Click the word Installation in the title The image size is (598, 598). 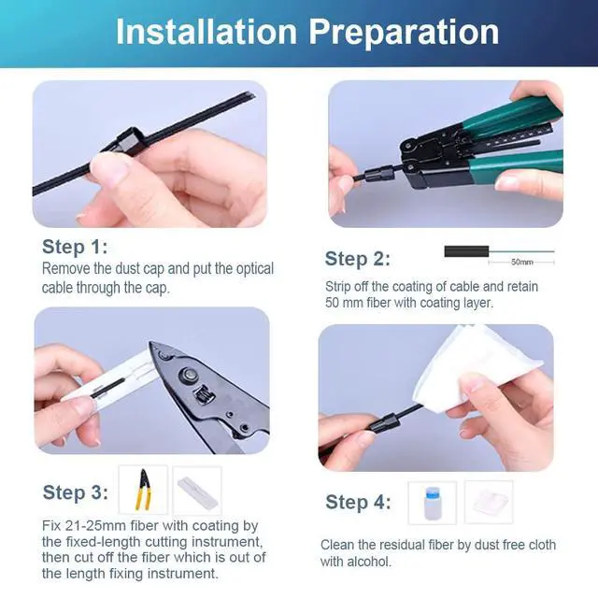[x=206, y=32]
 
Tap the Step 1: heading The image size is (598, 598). [x=75, y=247]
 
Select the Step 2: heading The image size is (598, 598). [x=357, y=259]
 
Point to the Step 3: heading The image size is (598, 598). [x=75, y=492]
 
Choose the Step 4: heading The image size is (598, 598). [x=358, y=502]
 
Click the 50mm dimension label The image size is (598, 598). [x=521, y=262]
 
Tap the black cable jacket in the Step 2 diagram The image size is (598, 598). [x=466, y=251]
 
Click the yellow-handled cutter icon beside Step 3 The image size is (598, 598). [x=143, y=490]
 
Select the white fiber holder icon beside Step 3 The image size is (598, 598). [x=197, y=491]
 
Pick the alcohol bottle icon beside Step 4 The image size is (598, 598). [x=432, y=503]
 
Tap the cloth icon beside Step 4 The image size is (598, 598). [x=489, y=502]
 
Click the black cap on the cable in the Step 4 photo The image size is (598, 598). [x=384, y=423]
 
